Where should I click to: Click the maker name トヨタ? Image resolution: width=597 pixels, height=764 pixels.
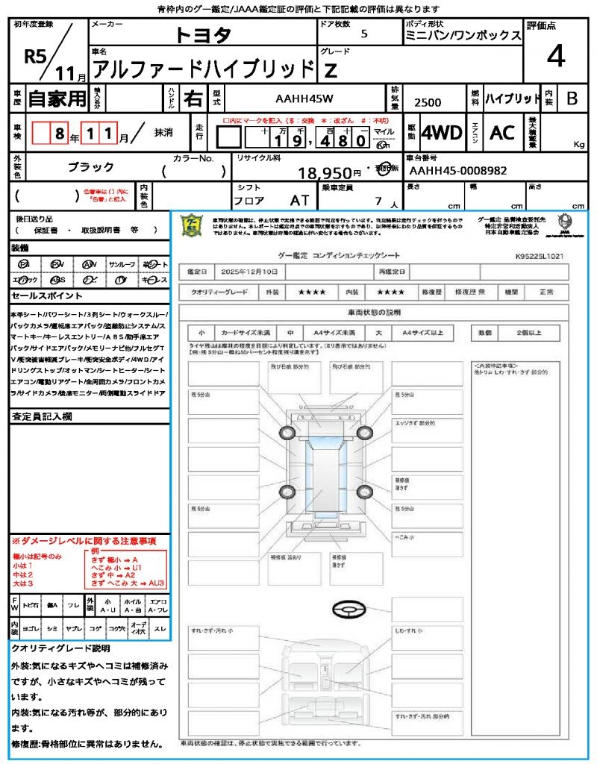pyautogui.click(x=203, y=34)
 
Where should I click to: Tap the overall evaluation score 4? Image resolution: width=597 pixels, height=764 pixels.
pyautogui.click(x=555, y=56)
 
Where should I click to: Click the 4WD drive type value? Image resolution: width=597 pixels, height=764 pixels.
pyautogui.click(x=441, y=133)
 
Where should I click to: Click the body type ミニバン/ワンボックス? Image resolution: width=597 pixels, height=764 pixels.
pyautogui.click(x=463, y=36)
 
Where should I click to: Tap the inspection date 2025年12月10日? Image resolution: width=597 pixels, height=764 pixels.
pyautogui.click(x=253, y=272)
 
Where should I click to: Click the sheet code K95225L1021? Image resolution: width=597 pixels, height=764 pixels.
pyautogui.click(x=539, y=255)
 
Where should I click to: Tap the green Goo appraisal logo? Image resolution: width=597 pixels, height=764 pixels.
pyautogui.click(x=193, y=225)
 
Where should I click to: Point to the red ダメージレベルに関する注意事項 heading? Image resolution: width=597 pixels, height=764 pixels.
pyautogui.click(x=84, y=540)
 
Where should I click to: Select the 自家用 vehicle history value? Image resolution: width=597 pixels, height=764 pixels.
pyautogui.click(x=57, y=98)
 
